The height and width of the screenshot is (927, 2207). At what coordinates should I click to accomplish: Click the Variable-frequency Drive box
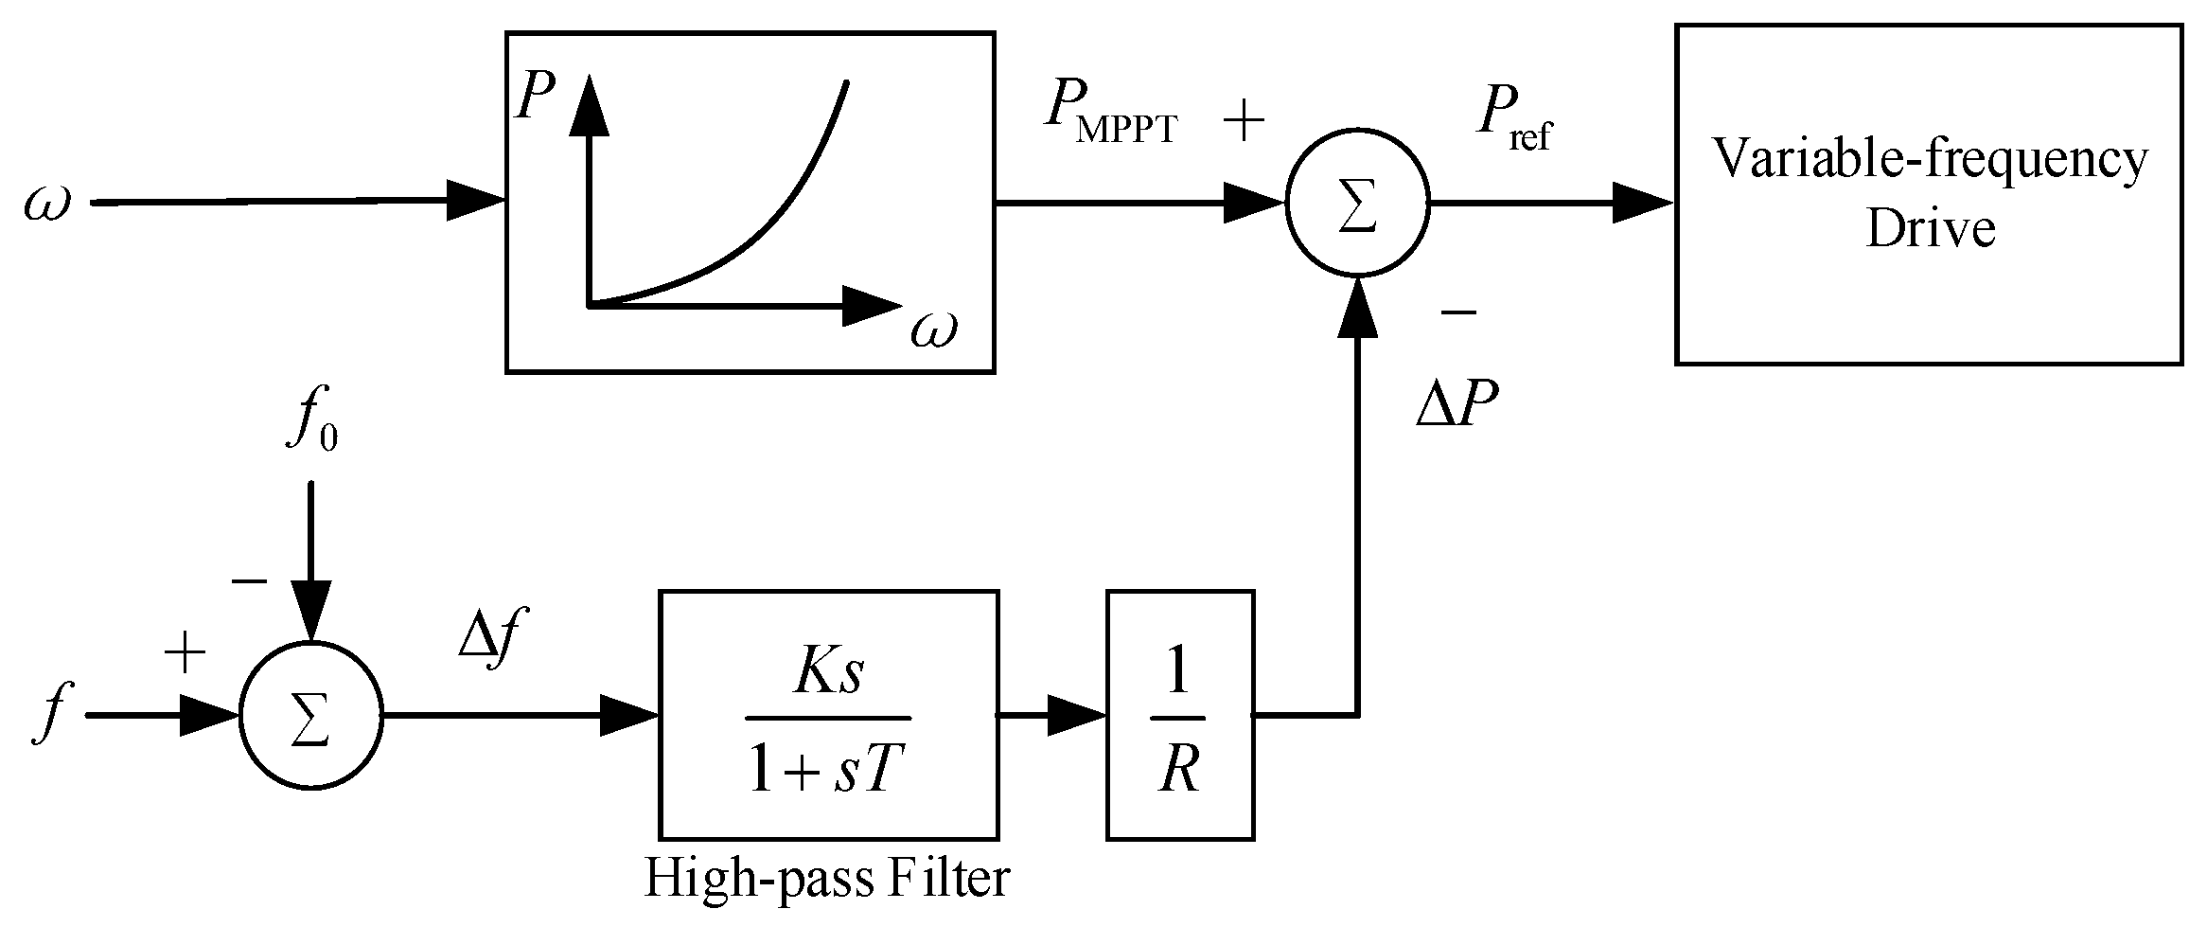[1928, 194]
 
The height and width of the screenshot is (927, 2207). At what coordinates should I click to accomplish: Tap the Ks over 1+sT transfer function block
[828, 715]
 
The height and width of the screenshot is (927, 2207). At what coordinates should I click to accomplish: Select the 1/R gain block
[1180, 715]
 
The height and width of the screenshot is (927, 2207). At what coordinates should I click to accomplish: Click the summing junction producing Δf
[311, 716]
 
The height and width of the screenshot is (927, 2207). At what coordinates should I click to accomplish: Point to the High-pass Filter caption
[826, 879]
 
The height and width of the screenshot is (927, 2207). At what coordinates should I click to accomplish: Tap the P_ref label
[1512, 122]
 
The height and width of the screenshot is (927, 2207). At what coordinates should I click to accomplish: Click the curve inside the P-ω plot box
[757, 237]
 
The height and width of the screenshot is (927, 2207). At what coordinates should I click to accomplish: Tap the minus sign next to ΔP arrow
[1457, 311]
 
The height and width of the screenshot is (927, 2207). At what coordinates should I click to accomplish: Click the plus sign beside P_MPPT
[1244, 121]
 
